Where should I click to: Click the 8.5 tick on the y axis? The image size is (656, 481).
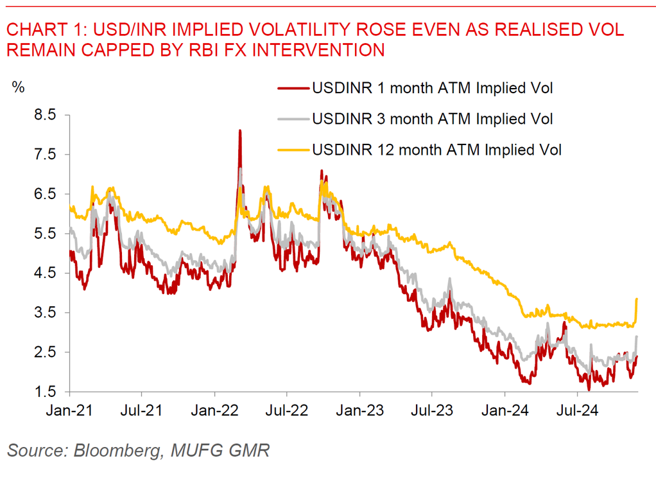click(x=46, y=115)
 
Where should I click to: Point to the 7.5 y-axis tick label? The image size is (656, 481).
click(x=46, y=155)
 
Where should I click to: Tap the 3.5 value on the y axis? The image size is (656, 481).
click(x=46, y=313)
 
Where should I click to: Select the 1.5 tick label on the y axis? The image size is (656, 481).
click(x=46, y=392)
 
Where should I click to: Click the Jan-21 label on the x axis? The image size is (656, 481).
click(x=69, y=409)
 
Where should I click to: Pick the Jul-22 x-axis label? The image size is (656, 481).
click(x=286, y=409)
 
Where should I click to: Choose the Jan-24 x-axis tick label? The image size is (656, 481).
click(x=504, y=409)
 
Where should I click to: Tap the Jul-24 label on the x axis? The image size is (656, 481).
click(x=576, y=409)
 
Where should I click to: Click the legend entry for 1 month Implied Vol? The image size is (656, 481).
click(x=432, y=88)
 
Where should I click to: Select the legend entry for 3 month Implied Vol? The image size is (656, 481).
click(x=432, y=119)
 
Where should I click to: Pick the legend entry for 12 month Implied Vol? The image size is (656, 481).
click(x=436, y=150)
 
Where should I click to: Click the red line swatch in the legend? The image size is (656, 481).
click(x=293, y=88)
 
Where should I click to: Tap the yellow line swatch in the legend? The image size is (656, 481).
click(x=293, y=150)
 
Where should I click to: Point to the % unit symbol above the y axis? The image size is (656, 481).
click(x=19, y=87)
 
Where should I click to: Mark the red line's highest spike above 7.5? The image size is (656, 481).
click(x=239, y=131)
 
